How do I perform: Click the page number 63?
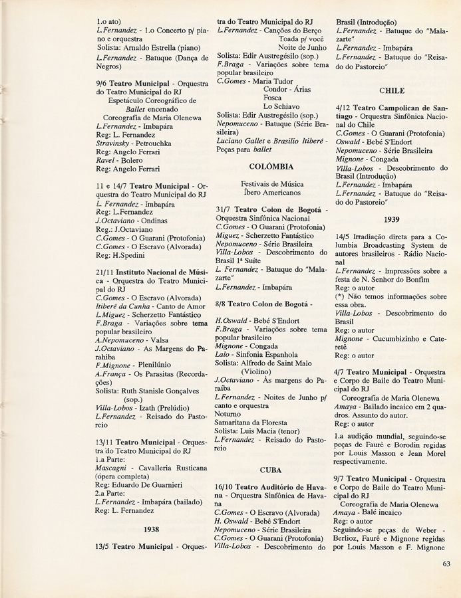pos(446,564)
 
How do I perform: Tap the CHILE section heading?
pos(391,90)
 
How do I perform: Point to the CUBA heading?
pos(271,470)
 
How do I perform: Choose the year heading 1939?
pos(391,219)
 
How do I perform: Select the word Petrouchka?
pos(153,143)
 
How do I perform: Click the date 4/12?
pos(345,107)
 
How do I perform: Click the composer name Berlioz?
pos(351,538)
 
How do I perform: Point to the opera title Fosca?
pos(273,98)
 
